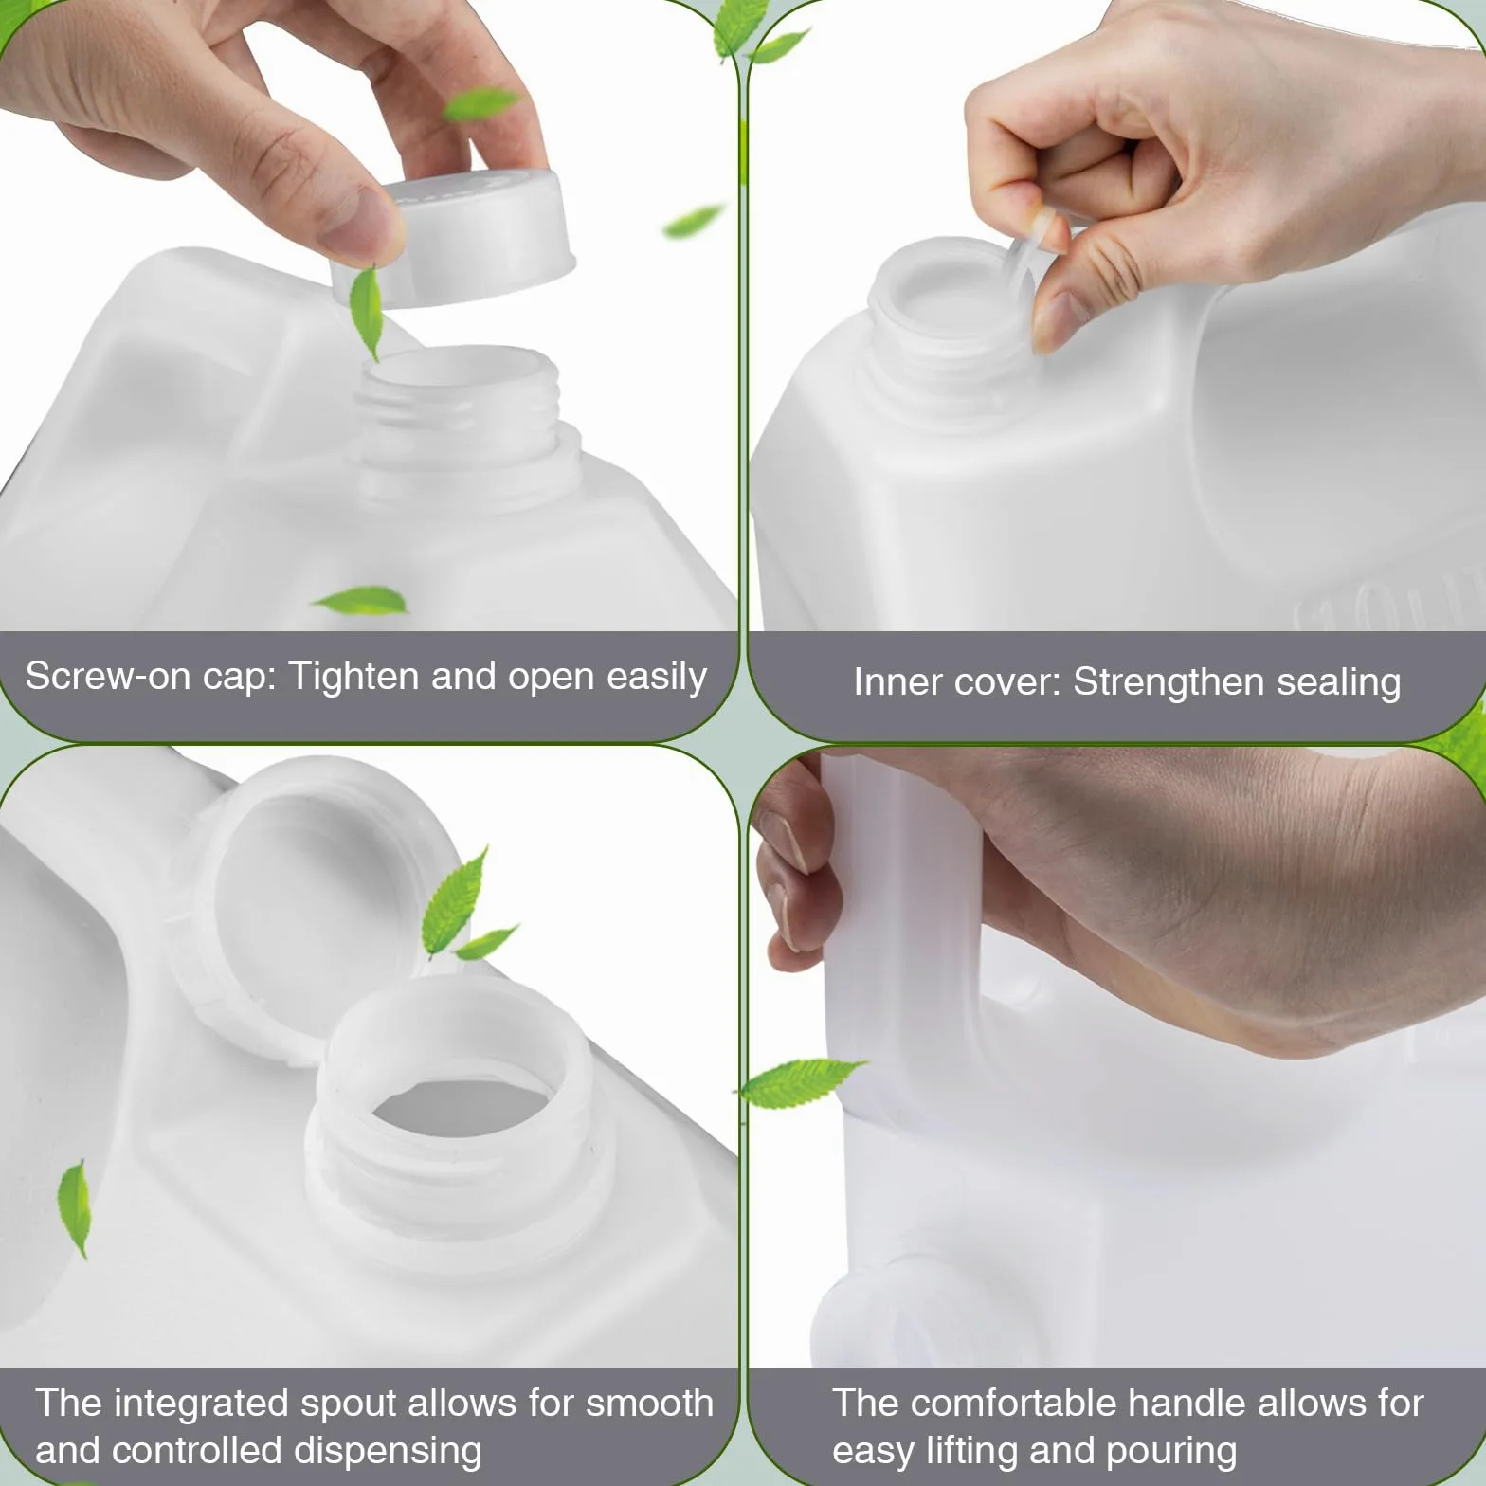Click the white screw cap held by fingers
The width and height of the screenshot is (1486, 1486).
[455, 239]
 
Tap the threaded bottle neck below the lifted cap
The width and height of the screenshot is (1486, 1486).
[461, 417]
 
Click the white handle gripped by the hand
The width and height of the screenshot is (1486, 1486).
[900, 929]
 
